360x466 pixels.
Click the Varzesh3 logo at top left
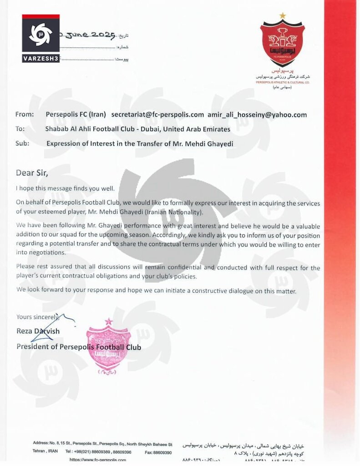pyautogui.click(x=41, y=38)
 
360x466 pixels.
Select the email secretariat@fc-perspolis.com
pyautogui.click(x=157, y=115)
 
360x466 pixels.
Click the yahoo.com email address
pyautogui.click(x=257, y=115)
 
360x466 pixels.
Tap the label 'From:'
pyautogui.click(x=25, y=115)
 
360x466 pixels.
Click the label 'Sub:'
pyautogui.click(x=22, y=143)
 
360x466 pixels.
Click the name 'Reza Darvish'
pyautogui.click(x=38, y=331)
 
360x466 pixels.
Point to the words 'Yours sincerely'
pyautogui.click(x=36, y=316)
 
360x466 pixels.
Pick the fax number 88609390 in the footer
pyautogui.click(x=162, y=452)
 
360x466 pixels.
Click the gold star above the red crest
pyautogui.click(x=283, y=15)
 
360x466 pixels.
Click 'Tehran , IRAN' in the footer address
pyautogui.click(x=45, y=452)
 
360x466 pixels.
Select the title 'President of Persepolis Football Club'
pyautogui.click(x=79, y=347)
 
